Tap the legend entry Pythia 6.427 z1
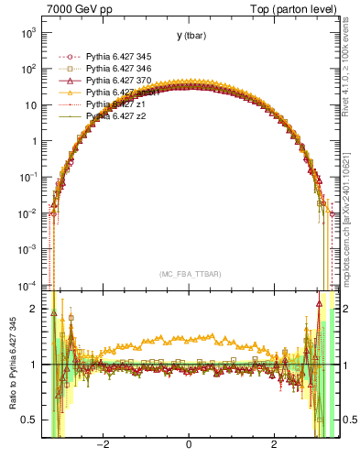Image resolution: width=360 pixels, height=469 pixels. coord(114,104)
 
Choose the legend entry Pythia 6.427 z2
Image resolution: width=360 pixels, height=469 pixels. coord(114,116)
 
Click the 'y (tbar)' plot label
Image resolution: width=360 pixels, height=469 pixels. coord(191,36)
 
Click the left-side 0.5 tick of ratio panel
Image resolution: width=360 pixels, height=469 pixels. coord(29,420)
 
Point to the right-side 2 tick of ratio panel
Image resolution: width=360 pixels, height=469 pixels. coord(343,310)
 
